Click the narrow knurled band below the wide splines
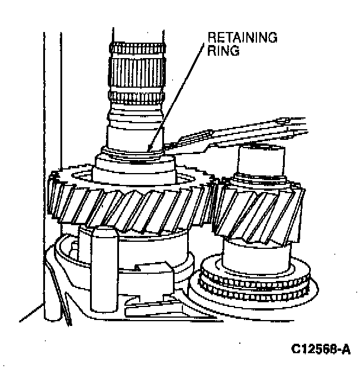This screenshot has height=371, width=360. click(x=136, y=95)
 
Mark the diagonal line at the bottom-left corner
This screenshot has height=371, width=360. click(x=30, y=314)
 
